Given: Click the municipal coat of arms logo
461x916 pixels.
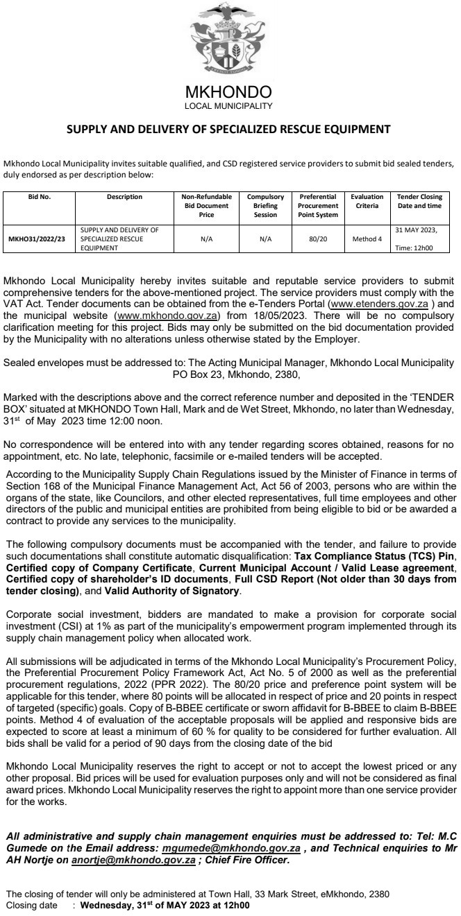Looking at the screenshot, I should click(228, 42).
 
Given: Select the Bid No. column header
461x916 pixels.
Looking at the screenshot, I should click(40, 197).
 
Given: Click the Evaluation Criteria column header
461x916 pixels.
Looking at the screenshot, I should click(367, 201).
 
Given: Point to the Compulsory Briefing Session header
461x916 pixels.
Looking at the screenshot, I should click(265, 205).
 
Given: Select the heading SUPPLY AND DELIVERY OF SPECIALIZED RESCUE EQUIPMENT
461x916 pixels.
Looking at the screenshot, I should click(228, 129).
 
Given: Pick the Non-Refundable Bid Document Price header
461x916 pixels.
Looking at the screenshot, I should click(206, 205).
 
